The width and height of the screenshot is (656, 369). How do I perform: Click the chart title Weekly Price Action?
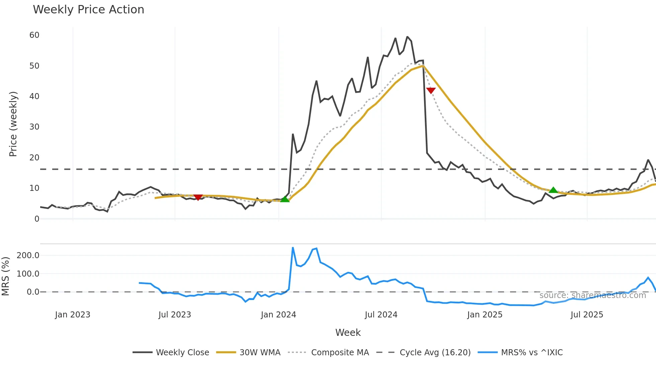[88, 10]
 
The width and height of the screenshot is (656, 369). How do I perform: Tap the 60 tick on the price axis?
[34, 35]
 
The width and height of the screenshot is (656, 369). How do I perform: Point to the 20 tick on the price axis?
[34, 158]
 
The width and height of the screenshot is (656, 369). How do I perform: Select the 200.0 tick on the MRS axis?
[28, 255]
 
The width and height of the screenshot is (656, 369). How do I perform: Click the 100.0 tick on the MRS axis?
[28, 274]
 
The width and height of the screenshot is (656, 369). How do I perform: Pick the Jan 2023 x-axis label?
[73, 315]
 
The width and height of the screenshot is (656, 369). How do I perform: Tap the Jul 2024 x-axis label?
[381, 315]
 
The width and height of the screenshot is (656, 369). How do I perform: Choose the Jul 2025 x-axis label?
[587, 315]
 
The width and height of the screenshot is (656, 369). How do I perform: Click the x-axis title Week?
[348, 333]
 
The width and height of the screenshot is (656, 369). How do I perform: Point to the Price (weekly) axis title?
[13, 124]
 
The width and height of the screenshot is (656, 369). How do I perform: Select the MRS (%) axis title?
[5, 276]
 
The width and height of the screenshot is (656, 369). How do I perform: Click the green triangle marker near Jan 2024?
[284, 199]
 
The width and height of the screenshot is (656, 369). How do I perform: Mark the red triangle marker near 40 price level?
[431, 90]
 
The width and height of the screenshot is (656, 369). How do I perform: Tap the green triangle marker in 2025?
[553, 190]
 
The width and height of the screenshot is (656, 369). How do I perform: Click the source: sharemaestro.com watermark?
[592, 295]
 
